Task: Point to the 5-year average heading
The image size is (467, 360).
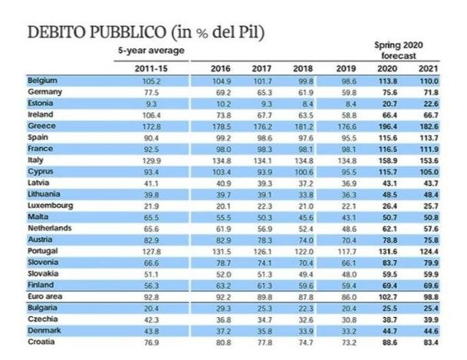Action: (142, 50)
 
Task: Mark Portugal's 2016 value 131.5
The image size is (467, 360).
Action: (221, 251)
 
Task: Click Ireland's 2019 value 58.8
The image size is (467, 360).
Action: (347, 114)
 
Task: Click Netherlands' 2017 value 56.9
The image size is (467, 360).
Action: (262, 229)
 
